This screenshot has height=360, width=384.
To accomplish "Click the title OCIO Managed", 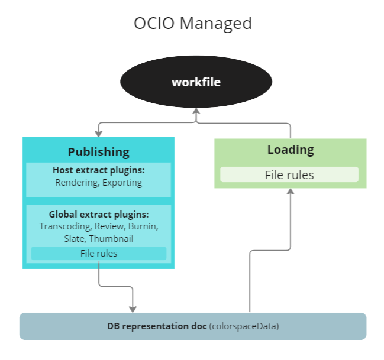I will (x=192, y=23).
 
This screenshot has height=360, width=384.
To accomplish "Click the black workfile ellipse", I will (x=196, y=82).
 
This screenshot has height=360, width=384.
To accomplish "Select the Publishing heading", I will (x=98, y=152).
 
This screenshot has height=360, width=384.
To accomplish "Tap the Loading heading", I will (x=290, y=150).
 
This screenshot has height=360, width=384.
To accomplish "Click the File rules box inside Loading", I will (x=289, y=175).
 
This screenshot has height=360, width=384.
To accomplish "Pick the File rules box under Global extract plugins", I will (x=99, y=254).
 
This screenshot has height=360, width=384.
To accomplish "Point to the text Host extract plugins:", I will (x=99, y=170).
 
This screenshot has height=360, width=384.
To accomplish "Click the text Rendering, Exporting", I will (x=99, y=182).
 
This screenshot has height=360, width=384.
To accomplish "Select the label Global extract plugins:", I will (x=99, y=214).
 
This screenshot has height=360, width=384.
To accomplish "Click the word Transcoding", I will (x=64, y=226).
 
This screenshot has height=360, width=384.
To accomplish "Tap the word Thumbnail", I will (x=111, y=239).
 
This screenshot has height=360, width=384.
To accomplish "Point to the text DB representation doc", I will (x=157, y=326).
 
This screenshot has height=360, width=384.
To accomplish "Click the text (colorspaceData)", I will (x=244, y=326).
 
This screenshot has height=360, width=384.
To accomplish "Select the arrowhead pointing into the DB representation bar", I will (x=133, y=309).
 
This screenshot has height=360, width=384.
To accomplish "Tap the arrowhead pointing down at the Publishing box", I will (x=98, y=133).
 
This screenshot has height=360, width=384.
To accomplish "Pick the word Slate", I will (x=75, y=239).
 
